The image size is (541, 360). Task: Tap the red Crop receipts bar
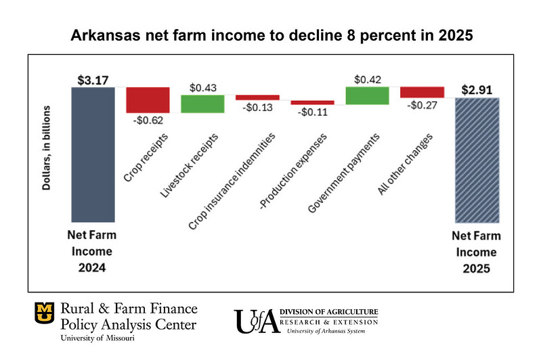click(148, 99)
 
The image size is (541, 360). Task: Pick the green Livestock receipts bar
click(202, 104)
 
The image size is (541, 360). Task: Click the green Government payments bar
click(367, 95)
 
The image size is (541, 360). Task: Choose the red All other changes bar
click(422, 92)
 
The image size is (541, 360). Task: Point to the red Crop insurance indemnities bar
click(257, 97)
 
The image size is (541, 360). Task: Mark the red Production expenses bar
click(312, 102)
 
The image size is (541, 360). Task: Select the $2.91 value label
click(477, 89)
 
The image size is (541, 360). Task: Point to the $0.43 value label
click(203, 87)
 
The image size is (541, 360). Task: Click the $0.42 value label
click(367, 79)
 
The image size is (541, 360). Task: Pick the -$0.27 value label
click(422, 107)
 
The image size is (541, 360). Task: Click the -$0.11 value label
click(313, 113)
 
